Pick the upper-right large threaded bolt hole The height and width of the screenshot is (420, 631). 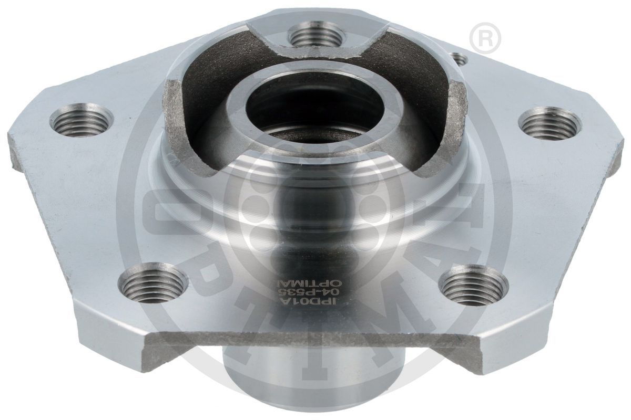point(549,123)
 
